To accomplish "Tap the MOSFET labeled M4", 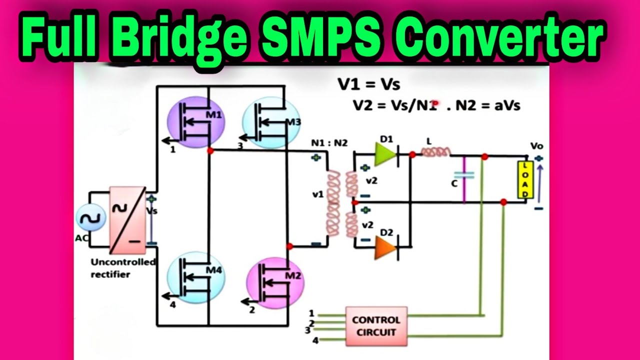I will tap(195, 279).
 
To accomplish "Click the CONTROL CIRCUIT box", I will tap(376, 326).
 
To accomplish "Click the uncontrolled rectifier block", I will tap(127, 219).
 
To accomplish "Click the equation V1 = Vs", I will tap(369, 84).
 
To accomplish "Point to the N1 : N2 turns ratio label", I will tap(328, 142).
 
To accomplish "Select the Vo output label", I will tap(537, 146).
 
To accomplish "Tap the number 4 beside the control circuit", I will tap(315, 341).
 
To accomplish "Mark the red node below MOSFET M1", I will tap(210, 150).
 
